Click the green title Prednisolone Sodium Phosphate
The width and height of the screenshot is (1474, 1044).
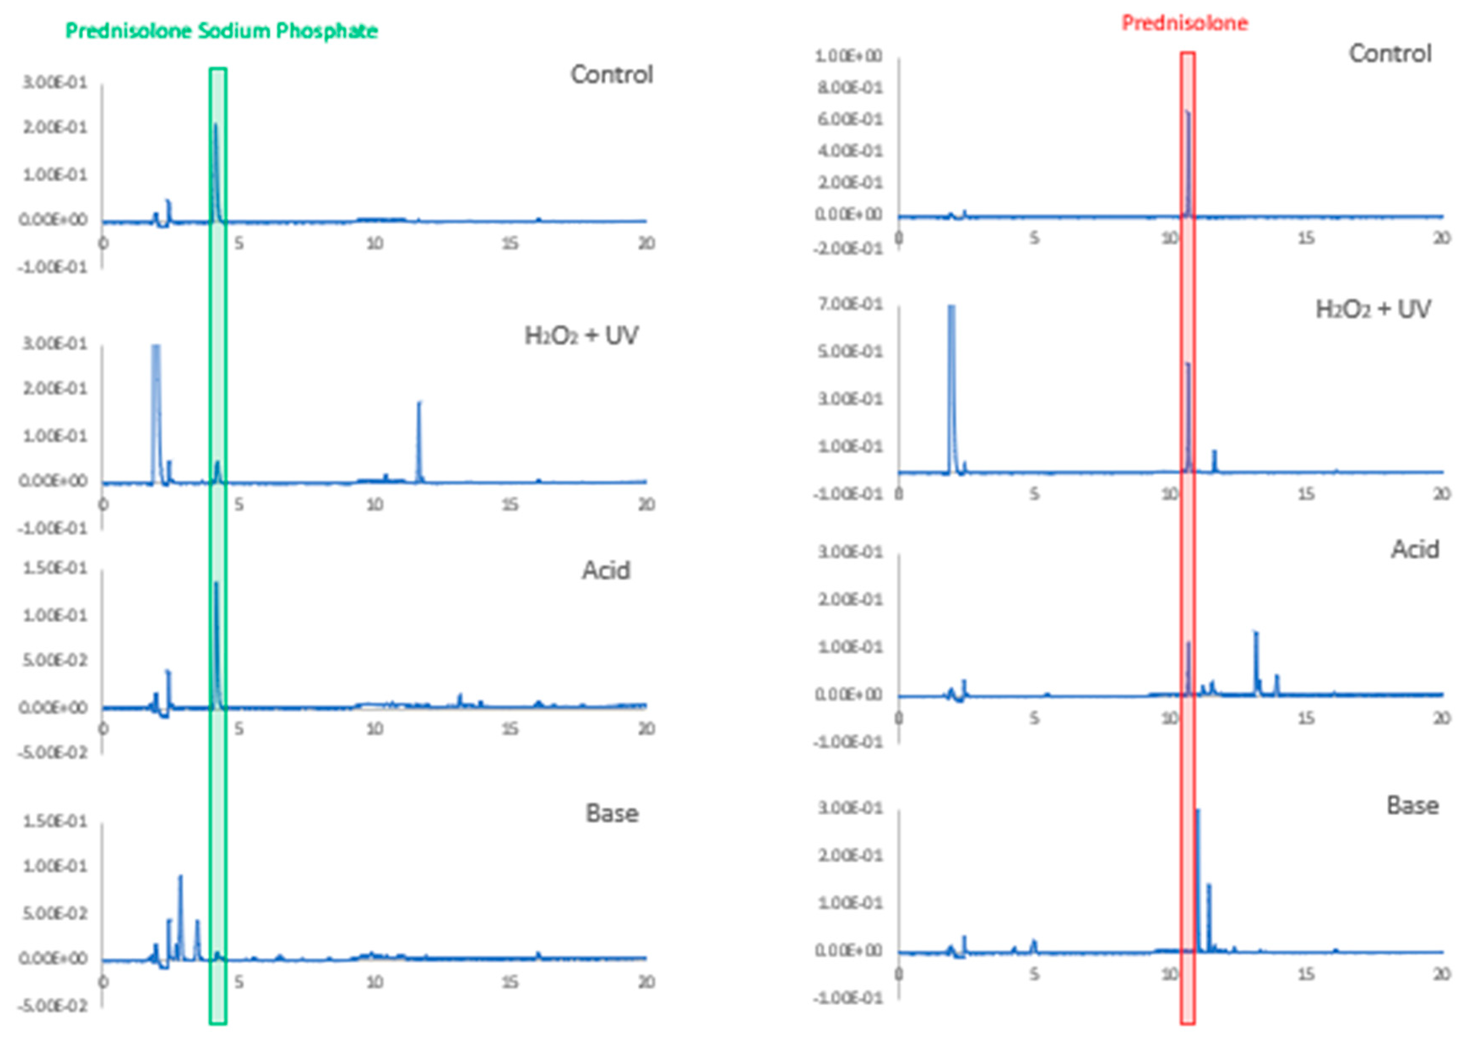tap(221, 31)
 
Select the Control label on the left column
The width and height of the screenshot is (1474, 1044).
tap(611, 75)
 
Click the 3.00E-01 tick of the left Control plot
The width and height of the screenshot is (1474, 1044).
tap(54, 83)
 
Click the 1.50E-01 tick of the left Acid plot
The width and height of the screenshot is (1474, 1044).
tap(54, 568)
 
